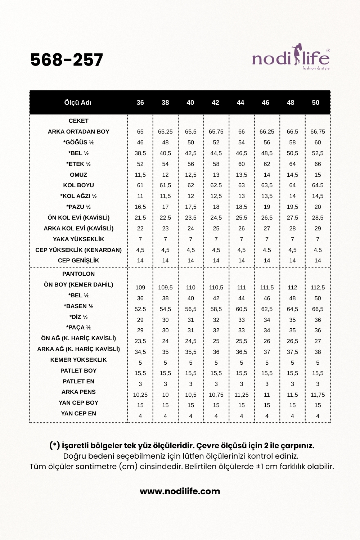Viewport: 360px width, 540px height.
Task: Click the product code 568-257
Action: click(67, 60)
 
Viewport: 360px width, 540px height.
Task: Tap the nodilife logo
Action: click(291, 58)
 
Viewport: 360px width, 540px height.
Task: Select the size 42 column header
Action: click(215, 103)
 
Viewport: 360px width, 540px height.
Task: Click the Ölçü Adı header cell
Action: click(78, 103)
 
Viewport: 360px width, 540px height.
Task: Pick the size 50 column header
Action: click(315, 103)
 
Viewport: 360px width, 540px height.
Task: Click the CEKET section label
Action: click(78, 121)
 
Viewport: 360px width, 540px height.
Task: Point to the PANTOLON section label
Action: click(78, 274)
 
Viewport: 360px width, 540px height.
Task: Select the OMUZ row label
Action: click(78, 175)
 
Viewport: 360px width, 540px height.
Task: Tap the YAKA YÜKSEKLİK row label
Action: click(78, 239)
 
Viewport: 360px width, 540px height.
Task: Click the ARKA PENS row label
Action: click(78, 392)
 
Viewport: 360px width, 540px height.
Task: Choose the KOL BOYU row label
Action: click(78, 185)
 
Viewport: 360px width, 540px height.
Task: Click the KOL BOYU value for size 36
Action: click(140, 185)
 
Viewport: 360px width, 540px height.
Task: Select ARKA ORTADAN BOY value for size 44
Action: click(241, 132)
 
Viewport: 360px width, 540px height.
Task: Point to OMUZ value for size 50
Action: click(318, 175)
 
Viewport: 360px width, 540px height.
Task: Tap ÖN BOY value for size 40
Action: click(190, 288)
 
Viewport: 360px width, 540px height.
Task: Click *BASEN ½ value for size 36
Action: click(140, 309)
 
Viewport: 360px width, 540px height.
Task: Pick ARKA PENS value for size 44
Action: click(241, 395)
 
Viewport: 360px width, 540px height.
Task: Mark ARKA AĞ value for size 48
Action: click(292, 352)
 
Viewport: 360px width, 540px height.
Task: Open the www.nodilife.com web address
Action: click(180, 491)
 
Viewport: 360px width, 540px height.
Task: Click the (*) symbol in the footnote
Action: click(54, 446)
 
